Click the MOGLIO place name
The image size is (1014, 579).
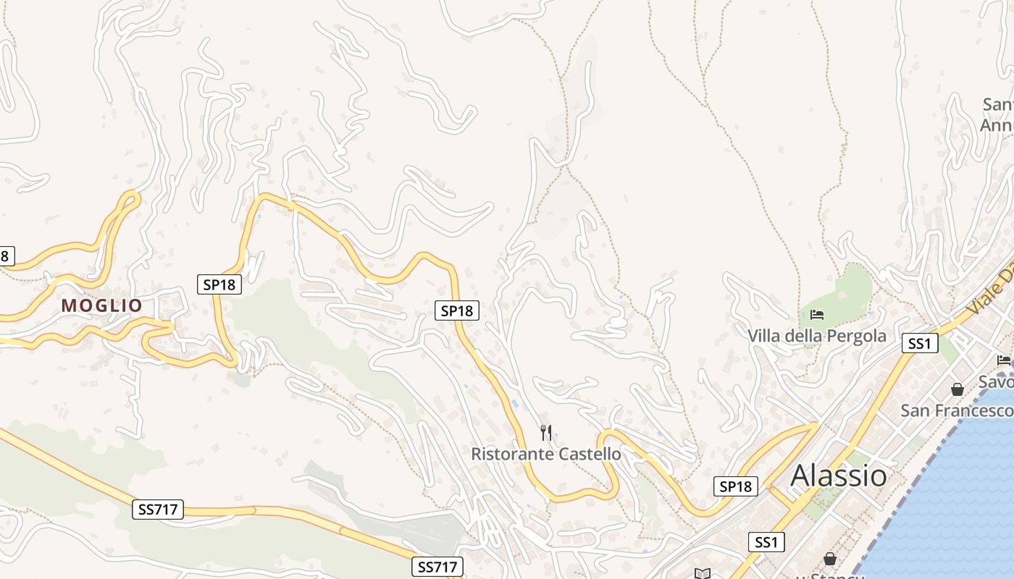tap(102, 305)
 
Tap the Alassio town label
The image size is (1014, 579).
tap(838, 476)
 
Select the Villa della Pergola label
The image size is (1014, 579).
tap(816, 336)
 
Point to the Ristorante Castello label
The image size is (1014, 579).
tap(545, 454)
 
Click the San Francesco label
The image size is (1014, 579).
tap(955, 410)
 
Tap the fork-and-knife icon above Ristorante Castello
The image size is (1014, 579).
tap(546, 433)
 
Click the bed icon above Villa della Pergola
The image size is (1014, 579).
tap(817, 315)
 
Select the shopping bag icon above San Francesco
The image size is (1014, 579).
tap(958, 389)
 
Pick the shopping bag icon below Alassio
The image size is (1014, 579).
tap(829, 559)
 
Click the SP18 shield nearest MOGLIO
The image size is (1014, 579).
tap(219, 284)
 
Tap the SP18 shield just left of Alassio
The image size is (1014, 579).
tap(736, 486)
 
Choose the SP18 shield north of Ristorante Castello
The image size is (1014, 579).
tap(456, 310)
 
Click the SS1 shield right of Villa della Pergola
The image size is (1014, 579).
tap(919, 343)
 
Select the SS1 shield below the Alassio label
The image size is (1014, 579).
tap(766, 541)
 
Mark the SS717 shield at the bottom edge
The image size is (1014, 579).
tap(438, 567)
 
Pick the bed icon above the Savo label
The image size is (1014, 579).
tap(1004, 360)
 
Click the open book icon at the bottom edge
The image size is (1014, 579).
tap(702, 574)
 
